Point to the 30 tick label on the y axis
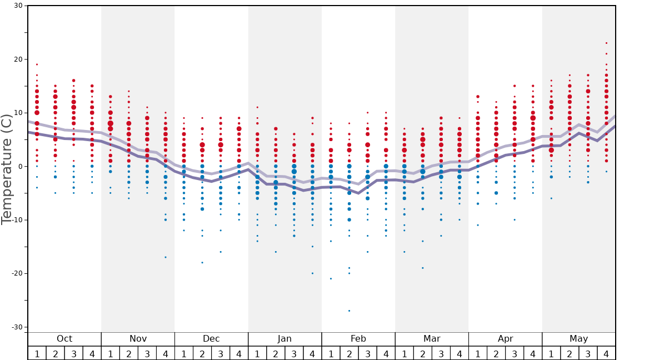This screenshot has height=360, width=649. pyautogui.click(x=18, y=6)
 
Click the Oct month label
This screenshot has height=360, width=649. pyautogui.click(x=64, y=339)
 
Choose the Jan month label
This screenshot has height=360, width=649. pyautogui.click(x=284, y=339)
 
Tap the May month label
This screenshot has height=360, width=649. pyautogui.click(x=578, y=339)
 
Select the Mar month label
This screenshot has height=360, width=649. pyautogui.click(x=432, y=339)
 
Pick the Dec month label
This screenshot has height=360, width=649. pyautogui.click(x=211, y=339)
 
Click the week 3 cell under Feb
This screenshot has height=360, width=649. pyautogui.click(x=367, y=353)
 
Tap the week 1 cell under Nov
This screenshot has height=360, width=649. pyautogui.click(x=111, y=353)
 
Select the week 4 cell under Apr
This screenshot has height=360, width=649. pyautogui.click(x=532, y=353)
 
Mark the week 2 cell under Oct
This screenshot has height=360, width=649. pyautogui.click(x=56, y=353)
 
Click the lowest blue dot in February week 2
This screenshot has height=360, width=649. pyautogui.click(x=349, y=311)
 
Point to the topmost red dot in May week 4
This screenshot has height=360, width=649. pyautogui.click(x=606, y=43)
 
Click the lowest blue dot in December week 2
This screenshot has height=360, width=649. pyautogui.click(x=202, y=262)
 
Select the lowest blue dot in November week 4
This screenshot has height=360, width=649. pyautogui.click(x=166, y=257)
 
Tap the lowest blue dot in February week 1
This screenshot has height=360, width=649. pyautogui.click(x=331, y=278)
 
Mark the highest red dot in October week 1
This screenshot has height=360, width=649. pyautogui.click(x=37, y=64)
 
